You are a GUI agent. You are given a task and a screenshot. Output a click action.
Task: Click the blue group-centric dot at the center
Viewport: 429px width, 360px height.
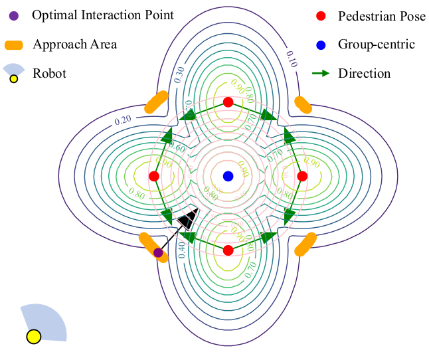click(x=228, y=176)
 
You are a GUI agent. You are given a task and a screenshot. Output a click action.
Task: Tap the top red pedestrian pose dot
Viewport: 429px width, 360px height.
click(x=228, y=102)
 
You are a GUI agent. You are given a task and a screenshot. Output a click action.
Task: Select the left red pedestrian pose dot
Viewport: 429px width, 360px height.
click(x=154, y=176)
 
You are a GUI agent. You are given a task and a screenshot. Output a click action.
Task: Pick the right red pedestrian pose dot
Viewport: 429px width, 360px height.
click(x=302, y=176)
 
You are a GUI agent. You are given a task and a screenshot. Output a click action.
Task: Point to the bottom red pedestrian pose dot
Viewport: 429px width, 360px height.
click(x=228, y=250)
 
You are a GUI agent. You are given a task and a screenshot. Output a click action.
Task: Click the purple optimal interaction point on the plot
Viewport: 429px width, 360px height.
click(x=158, y=252)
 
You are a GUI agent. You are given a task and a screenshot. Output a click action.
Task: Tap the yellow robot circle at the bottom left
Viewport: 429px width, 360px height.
click(x=33, y=336)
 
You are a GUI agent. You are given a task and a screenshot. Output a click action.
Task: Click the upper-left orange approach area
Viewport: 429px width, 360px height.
click(x=157, y=102)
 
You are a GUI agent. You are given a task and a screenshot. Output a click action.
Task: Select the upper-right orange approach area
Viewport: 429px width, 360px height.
click(x=303, y=104)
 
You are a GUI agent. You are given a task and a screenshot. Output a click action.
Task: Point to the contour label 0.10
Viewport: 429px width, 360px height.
click(x=291, y=58)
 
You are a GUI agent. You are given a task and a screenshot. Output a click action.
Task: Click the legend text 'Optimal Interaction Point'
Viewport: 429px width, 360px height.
click(x=103, y=15)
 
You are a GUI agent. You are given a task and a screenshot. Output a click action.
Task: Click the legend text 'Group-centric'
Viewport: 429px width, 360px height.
click(x=376, y=45)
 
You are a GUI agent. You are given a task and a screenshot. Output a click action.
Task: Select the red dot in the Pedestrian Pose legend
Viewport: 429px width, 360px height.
click(x=321, y=15)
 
